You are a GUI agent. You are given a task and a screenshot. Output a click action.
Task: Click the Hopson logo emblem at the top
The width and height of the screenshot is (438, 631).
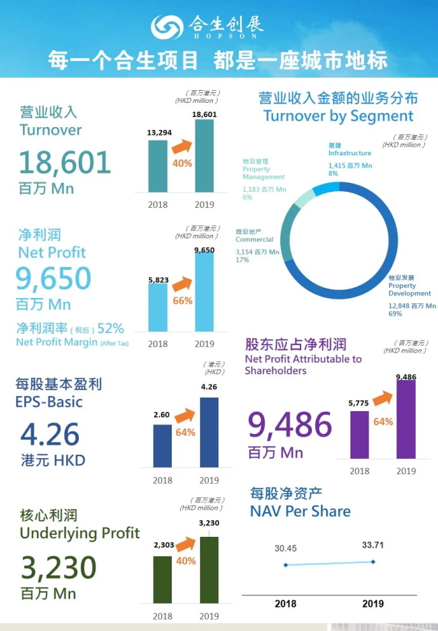[166, 28]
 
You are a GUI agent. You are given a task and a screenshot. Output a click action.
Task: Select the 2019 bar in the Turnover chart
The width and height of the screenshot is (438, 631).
[204, 155]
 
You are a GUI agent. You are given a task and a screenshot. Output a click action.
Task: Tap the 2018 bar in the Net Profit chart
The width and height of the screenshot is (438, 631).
[158, 307]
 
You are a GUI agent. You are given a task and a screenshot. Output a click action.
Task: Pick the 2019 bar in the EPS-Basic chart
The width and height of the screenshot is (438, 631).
[209, 432]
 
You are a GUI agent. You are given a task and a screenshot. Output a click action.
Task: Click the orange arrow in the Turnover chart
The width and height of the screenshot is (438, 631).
[183, 147]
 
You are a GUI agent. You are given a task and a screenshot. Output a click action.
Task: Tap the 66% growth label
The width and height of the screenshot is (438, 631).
[183, 301]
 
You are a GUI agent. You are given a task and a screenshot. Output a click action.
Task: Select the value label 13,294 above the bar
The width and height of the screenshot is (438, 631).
[158, 133]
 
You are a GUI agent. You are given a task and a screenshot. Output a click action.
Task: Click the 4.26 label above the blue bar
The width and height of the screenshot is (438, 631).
[209, 387]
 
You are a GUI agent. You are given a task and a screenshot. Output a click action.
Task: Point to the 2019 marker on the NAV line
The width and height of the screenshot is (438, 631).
[373, 562]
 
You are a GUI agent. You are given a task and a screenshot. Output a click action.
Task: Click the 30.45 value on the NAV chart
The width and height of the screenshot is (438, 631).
[285, 548]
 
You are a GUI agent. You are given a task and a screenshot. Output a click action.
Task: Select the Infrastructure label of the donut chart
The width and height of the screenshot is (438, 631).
[349, 153]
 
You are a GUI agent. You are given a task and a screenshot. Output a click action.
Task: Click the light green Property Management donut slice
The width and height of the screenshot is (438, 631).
[304, 196]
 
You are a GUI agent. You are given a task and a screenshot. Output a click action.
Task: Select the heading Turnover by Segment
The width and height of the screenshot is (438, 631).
[338, 116]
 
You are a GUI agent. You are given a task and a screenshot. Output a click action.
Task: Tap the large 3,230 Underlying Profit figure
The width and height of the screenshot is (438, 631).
[59, 568]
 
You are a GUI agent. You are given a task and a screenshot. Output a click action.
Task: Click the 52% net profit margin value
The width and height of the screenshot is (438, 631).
[111, 328]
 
